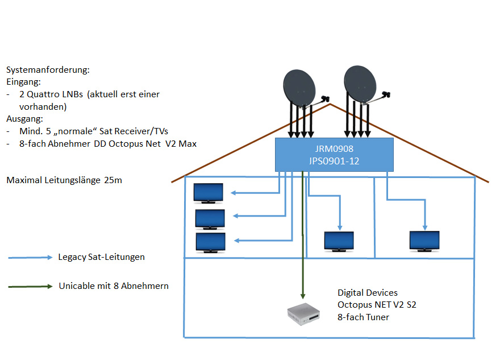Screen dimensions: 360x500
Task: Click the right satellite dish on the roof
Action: click(x=362, y=84)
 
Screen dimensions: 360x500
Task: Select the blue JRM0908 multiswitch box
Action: click(x=334, y=154)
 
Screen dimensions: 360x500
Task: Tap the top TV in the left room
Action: click(x=209, y=192)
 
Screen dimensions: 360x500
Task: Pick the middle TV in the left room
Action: click(x=210, y=218)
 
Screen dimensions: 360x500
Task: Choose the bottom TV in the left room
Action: click(x=210, y=242)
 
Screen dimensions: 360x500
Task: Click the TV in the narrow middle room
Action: click(x=339, y=241)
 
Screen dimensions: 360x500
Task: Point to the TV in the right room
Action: click(x=424, y=240)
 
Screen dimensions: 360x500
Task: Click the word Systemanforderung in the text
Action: click(x=48, y=70)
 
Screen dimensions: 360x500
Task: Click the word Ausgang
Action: click(x=24, y=119)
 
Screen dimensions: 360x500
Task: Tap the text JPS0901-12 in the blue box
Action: click(x=334, y=160)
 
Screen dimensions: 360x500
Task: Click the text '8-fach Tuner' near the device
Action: click(x=363, y=317)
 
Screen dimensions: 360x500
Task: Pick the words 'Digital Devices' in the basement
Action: click(x=368, y=293)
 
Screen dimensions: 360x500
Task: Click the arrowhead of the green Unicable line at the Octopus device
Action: click(x=303, y=295)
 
